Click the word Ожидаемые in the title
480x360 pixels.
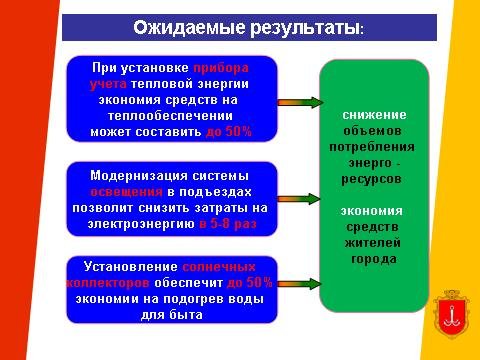click(x=189, y=27)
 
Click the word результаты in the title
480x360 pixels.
click(x=305, y=28)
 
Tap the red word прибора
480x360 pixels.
click(x=221, y=68)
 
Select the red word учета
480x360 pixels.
click(x=108, y=84)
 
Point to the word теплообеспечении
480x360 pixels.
click(x=170, y=116)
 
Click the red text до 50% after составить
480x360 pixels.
click(x=229, y=132)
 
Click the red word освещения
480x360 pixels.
click(x=127, y=192)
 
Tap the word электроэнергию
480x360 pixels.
click(x=141, y=224)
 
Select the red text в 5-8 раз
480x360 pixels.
click(x=228, y=224)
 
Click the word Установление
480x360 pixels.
click(x=131, y=267)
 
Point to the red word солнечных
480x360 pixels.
click(x=219, y=267)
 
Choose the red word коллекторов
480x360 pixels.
click(x=108, y=283)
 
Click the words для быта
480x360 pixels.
click(x=172, y=315)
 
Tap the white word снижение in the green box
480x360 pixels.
click(x=374, y=115)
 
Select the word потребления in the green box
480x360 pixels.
click(x=372, y=147)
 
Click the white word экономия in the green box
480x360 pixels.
click(x=372, y=211)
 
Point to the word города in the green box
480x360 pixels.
click(x=374, y=259)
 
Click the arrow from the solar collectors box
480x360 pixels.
click(x=299, y=284)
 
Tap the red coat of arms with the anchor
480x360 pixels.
click(x=451, y=314)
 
